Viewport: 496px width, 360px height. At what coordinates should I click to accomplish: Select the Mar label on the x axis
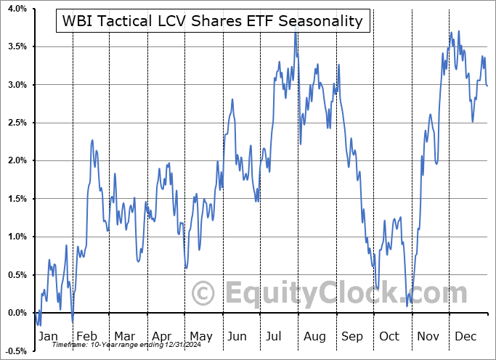click(x=124, y=337)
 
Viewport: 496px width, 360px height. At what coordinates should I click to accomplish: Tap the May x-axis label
click(x=201, y=337)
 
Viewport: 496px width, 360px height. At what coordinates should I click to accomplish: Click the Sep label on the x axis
click(x=352, y=337)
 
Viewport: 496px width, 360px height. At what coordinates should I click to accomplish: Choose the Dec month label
click(x=465, y=337)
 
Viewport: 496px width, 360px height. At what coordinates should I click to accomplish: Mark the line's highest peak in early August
click(x=296, y=33)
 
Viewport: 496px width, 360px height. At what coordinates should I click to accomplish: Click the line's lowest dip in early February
click(x=73, y=321)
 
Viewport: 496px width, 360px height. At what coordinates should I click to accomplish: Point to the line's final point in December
click(x=487, y=86)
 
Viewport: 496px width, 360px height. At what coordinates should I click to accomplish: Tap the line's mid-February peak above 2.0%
click(x=93, y=140)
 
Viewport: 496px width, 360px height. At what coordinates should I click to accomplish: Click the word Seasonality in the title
click(x=322, y=21)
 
